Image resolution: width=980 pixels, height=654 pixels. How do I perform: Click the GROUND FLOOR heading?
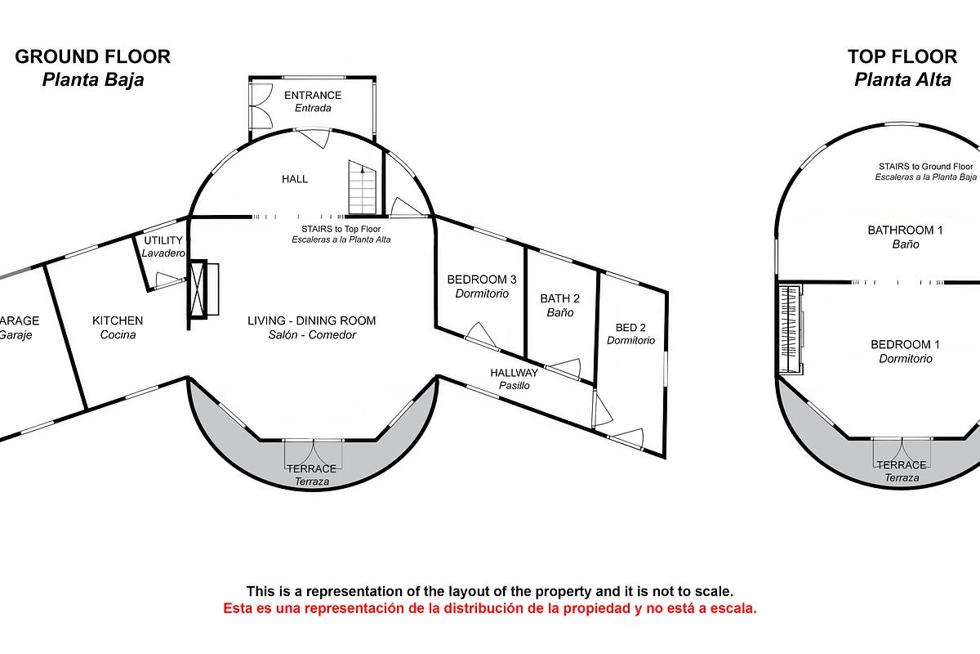[93, 56]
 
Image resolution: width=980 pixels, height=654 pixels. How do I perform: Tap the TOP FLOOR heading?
[902, 56]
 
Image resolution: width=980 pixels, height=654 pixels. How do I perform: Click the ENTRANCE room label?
[313, 96]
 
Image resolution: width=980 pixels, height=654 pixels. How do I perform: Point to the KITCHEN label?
[118, 320]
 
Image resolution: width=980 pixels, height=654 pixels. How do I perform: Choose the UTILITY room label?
[163, 240]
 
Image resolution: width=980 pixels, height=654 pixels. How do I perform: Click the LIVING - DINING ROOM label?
[312, 320]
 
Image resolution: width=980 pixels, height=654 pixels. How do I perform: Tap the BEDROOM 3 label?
[482, 280]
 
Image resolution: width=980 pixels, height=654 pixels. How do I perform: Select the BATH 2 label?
[560, 298]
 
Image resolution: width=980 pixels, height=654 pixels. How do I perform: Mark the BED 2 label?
[630, 327]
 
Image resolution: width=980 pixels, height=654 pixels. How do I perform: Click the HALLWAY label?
[514, 373]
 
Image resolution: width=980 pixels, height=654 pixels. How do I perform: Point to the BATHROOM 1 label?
[905, 231]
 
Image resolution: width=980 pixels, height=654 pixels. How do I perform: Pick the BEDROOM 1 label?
[905, 345]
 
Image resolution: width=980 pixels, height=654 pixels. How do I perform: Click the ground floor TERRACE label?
[311, 468]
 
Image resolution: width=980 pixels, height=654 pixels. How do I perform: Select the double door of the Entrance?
[261, 105]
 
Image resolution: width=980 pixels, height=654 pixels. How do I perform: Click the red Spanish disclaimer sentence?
[490, 608]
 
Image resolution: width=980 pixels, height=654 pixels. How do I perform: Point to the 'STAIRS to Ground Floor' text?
[925, 166]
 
